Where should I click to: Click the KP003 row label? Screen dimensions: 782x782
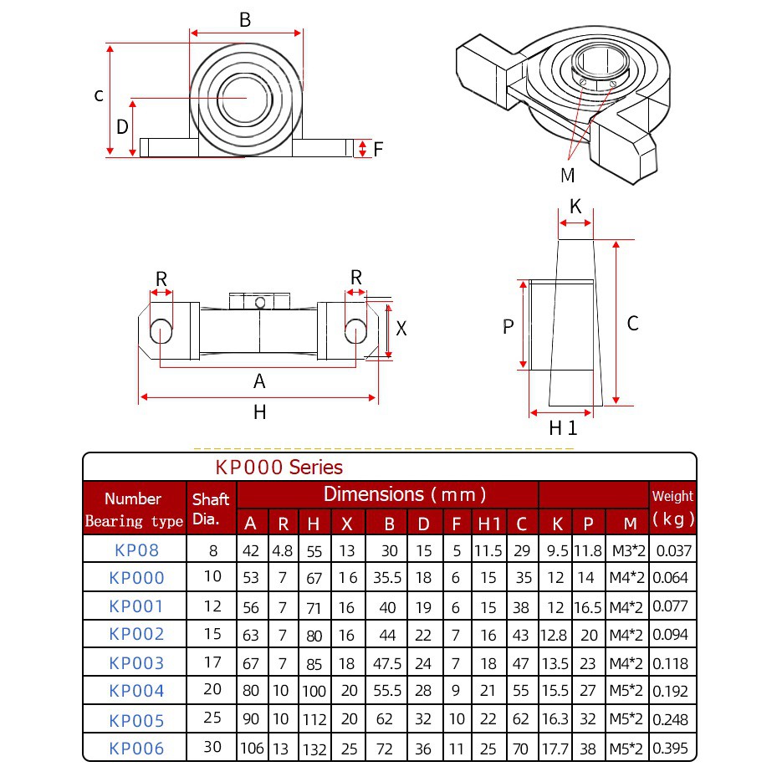coord(136,662)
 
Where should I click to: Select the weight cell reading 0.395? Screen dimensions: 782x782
coord(670,748)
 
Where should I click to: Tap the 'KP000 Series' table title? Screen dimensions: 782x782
coord(279,468)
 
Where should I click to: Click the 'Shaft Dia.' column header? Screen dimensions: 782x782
coord(211,509)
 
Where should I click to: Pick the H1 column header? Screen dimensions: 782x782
coord(488,524)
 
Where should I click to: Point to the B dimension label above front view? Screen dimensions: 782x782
coord(245,20)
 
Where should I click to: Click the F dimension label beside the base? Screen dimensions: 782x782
coord(378,149)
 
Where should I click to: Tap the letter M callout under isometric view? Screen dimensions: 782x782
coord(568,175)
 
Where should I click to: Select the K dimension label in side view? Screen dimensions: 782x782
coord(575,206)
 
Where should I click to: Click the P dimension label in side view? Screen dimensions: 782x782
coord(508,327)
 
